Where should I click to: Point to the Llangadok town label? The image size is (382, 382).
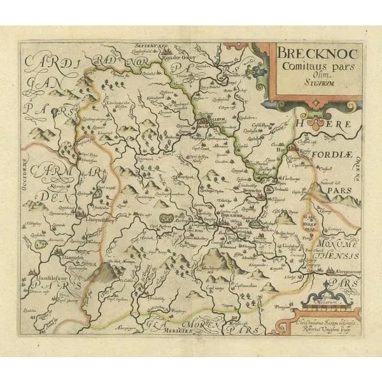point(70,258)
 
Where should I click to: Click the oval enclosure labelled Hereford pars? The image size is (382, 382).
point(310,223)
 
